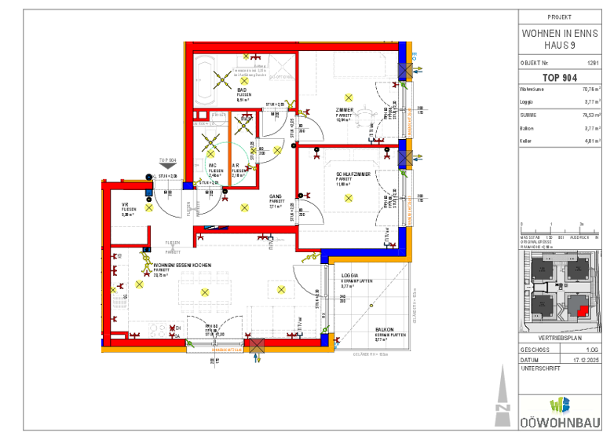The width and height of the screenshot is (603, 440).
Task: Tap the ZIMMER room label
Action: [x=344, y=109]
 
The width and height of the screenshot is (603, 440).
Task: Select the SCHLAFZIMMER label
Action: [x=353, y=174]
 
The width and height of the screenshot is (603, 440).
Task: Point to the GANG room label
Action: [x=276, y=196]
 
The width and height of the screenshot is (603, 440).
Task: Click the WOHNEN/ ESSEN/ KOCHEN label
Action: [x=181, y=265]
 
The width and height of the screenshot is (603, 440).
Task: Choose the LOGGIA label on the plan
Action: [x=349, y=275]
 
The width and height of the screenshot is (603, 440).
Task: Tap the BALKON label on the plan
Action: [x=384, y=330]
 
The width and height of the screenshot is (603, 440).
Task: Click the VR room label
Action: [x=125, y=205]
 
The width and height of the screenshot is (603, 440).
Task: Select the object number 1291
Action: [x=593, y=62]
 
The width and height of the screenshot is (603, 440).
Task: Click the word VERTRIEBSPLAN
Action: [x=559, y=338]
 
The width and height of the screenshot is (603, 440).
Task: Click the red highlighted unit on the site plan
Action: [x=582, y=310]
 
